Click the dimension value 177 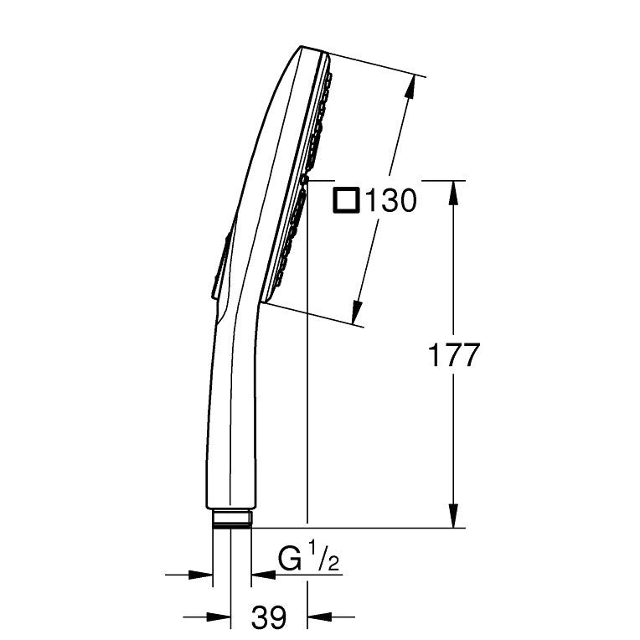coord(453,355)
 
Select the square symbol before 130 coord(347,200)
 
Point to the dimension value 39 coord(269,617)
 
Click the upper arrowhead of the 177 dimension coord(453,193)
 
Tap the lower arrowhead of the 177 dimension coord(453,515)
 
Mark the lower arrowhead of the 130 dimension coord(357,312)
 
